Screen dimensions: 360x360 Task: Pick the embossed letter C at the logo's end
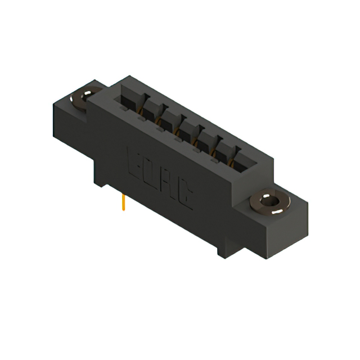click(187, 197)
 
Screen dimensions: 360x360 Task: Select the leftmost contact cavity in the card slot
click(129, 105)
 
